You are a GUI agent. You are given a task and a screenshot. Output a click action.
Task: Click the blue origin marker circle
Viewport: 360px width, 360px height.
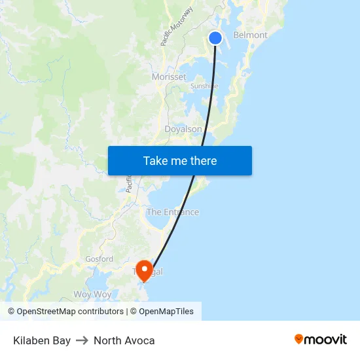tap(215, 38)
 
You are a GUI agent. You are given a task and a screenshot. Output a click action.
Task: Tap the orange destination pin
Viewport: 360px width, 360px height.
tap(143, 270)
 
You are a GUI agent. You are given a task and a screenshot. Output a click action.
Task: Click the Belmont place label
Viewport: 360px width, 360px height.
tap(250, 35)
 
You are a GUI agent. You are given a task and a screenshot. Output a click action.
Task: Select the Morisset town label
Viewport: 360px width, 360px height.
tap(169, 77)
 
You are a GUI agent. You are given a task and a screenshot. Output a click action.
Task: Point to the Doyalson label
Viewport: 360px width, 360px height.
tap(183, 130)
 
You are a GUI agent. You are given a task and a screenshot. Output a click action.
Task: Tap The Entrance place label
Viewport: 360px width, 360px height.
tap(173, 212)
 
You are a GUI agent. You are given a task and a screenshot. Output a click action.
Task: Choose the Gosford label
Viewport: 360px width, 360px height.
tap(99, 259)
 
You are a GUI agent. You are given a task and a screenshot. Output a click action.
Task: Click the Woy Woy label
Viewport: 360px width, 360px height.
tap(92, 295)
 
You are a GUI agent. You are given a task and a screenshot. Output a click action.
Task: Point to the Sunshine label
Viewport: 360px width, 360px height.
tap(204, 86)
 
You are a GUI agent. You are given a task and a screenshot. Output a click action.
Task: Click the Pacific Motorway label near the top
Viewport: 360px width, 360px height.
tap(177, 26)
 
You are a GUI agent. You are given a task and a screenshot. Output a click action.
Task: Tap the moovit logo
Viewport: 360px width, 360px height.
tap(320, 340)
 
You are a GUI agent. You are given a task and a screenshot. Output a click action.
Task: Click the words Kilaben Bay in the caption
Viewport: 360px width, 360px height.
tap(42, 340)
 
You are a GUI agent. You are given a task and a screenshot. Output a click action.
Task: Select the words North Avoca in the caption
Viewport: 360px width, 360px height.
tap(124, 340)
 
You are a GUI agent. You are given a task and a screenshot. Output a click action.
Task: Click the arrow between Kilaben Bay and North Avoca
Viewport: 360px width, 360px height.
tap(82, 340)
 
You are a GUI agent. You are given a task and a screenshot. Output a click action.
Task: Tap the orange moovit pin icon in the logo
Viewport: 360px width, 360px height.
tap(299, 339)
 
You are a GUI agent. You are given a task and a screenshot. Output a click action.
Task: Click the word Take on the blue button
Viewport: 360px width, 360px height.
tap(156, 161)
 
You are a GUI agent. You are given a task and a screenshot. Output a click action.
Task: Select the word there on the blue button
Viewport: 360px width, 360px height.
tap(204, 161)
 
